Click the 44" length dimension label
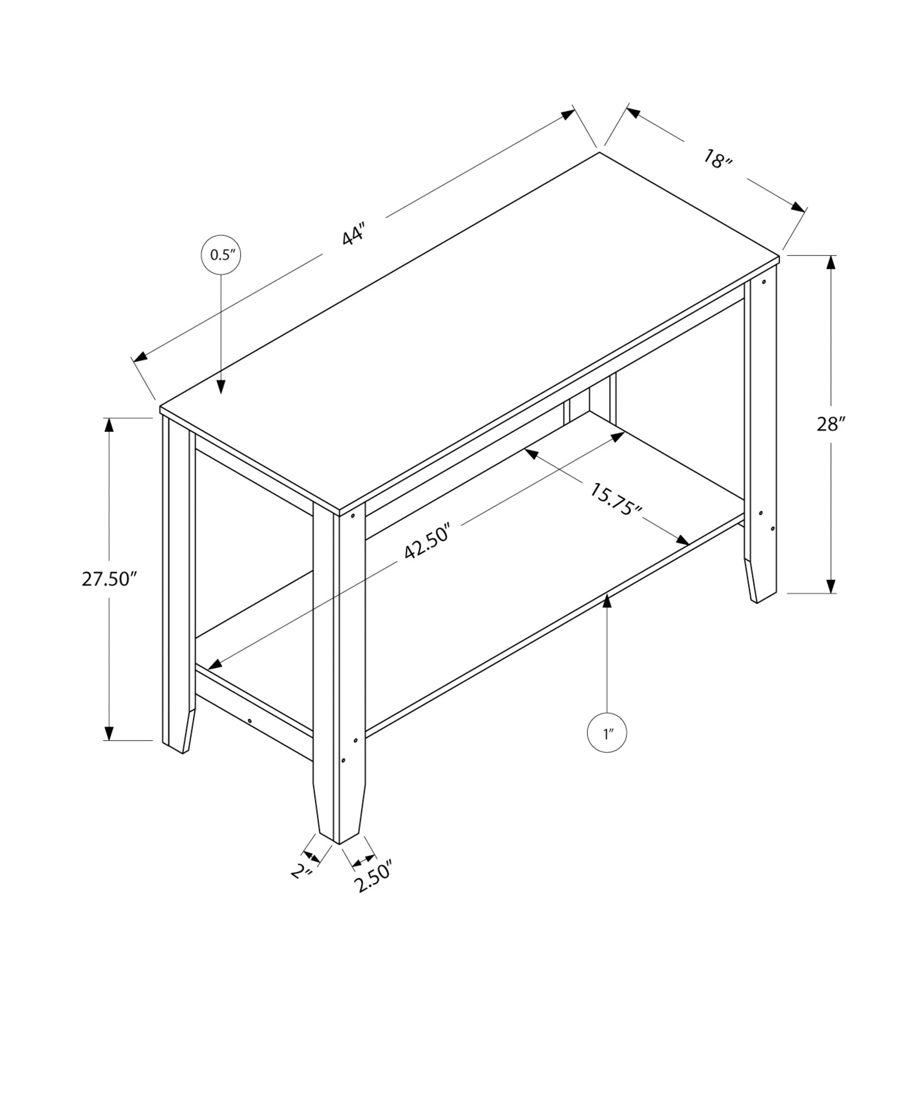(x=354, y=234)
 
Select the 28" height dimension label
(x=831, y=424)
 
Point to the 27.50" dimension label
(x=109, y=579)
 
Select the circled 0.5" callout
(x=221, y=255)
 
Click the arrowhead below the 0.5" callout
(x=221, y=387)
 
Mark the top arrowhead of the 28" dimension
(x=831, y=263)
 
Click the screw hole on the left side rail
(x=250, y=721)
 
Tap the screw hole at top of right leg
(x=763, y=282)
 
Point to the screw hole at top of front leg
(x=353, y=516)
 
